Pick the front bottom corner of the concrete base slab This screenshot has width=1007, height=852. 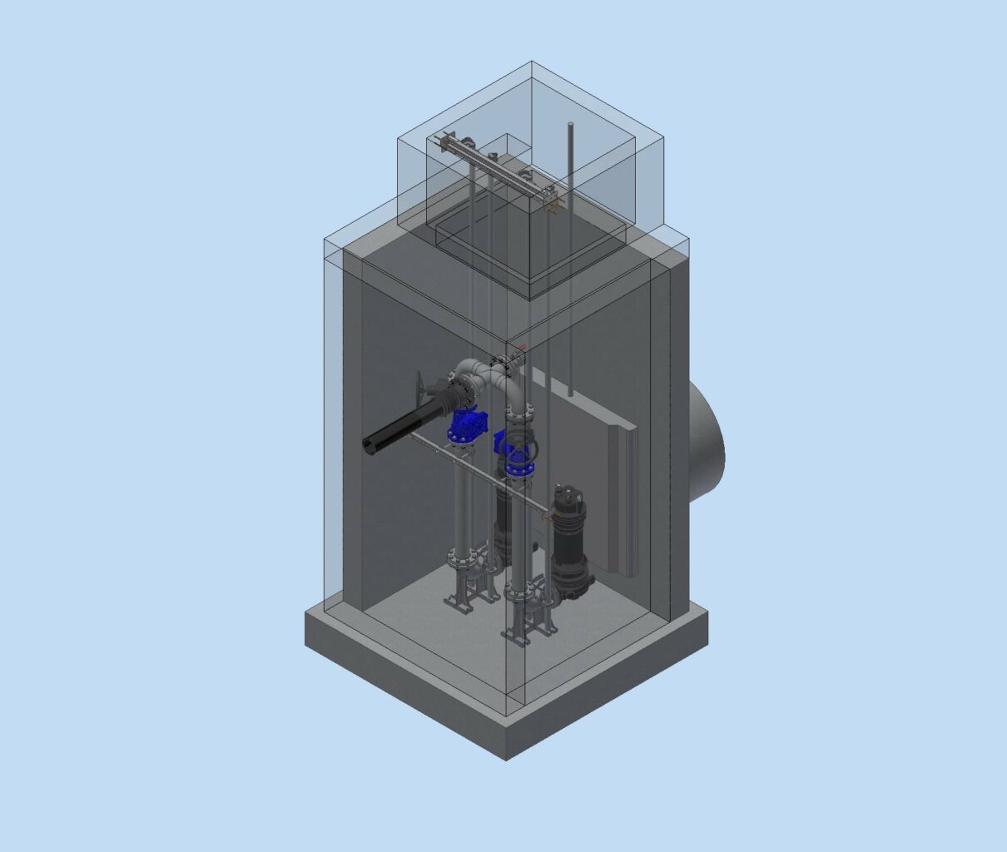point(506,758)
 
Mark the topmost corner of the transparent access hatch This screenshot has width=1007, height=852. point(531,62)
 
